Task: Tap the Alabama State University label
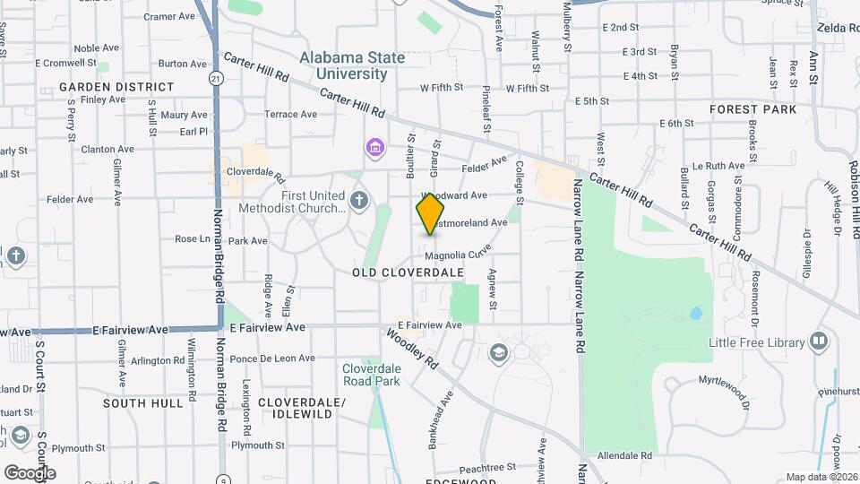(x=352, y=65)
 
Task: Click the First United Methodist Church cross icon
(x=359, y=200)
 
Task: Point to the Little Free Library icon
(x=818, y=341)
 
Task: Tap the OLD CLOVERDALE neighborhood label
(x=408, y=272)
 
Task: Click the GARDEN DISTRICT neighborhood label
(x=116, y=87)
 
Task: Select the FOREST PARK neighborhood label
(x=752, y=109)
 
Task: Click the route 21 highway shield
(x=215, y=79)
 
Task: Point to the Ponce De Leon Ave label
(x=272, y=359)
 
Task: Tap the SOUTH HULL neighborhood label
(x=143, y=403)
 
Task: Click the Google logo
(x=30, y=472)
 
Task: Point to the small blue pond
(x=696, y=315)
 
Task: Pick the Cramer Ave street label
(x=169, y=16)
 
